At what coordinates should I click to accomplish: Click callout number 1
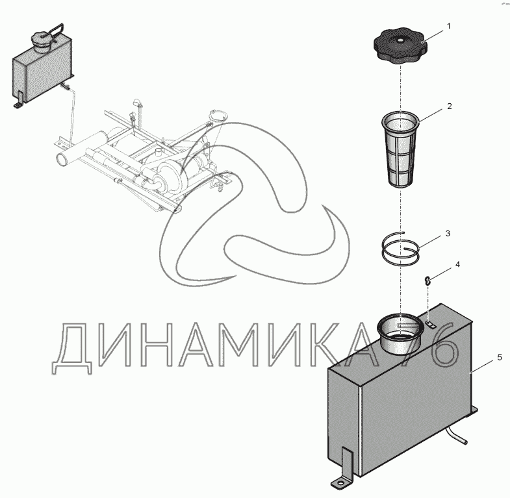click(x=449, y=27)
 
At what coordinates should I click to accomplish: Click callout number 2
click(x=450, y=106)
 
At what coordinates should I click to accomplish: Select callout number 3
click(x=448, y=234)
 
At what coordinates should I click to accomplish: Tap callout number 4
click(x=457, y=264)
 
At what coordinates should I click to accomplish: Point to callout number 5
click(x=500, y=358)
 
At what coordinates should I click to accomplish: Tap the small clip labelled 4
click(x=428, y=280)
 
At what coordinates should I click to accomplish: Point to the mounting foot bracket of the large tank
click(x=343, y=470)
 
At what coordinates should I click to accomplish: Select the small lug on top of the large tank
click(x=430, y=324)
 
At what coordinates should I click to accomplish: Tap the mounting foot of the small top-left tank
click(x=18, y=100)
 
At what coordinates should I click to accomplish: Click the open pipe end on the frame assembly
click(x=61, y=159)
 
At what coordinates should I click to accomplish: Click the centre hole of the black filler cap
click(x=400, y=41)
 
